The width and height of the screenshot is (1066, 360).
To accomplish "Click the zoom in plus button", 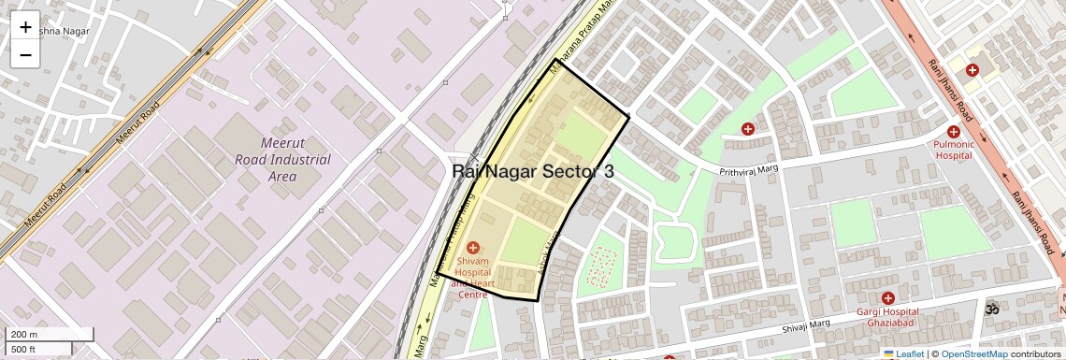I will point(25,27).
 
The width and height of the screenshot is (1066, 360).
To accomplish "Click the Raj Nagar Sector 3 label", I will point(533,171).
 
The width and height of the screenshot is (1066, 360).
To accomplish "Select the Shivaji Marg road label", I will point(807,325).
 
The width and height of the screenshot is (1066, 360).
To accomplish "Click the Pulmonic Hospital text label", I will point(954,150).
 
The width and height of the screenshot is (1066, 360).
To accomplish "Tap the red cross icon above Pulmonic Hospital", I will point(954,132).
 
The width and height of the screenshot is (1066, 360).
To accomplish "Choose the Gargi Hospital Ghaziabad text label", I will point(887,317).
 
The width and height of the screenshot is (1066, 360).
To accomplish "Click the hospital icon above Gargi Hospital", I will point(887,297).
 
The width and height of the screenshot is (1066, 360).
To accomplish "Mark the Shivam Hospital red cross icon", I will point(472,247).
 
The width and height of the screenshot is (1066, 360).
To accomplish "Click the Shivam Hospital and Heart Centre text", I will point(472,278).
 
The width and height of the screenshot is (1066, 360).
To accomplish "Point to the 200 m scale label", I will point(24,335).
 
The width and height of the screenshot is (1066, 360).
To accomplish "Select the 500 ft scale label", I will point(24,350).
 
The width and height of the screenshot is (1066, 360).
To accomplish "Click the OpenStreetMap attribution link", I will point(973,353).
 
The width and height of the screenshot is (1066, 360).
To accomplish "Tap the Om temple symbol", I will point(991,308).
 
